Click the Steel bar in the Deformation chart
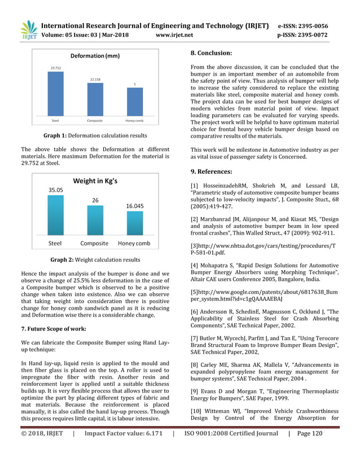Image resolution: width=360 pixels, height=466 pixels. coord(56,94)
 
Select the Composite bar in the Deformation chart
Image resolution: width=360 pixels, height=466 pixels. coord(95,100)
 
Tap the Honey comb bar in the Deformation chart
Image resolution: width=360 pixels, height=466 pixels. coord(134,102)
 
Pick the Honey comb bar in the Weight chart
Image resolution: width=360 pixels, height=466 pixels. coord(134,226)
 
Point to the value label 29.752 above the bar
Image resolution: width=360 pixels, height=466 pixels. coord(56,68)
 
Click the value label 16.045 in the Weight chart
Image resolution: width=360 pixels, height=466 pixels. coord(134,206)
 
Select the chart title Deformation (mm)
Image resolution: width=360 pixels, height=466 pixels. coord(95,56)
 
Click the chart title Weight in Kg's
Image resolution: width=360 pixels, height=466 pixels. coord(95,181)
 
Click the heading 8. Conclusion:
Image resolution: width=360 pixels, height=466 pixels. coord(212,53)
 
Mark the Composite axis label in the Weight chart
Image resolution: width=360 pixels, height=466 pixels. coord(94,244)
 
